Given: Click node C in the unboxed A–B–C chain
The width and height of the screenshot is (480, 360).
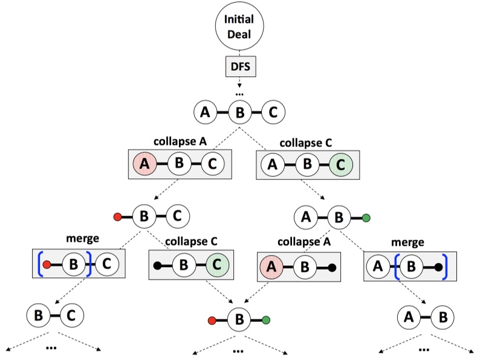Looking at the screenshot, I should click(x=273, y=112).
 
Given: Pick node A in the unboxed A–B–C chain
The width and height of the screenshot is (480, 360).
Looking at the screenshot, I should click(x=206, y=112).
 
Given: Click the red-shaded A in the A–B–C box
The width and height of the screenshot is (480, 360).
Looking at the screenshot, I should click(x=144, y=163).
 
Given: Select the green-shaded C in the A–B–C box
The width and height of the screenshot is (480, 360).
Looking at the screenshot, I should click(x=340, y=163).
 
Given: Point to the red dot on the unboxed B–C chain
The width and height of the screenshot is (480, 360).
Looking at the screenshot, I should click(x=117, y=216).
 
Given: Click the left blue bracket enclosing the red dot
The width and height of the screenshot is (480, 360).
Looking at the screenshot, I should click(x=41, y=265).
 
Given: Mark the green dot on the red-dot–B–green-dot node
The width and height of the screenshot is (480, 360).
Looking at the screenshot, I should click(x=266, y=320).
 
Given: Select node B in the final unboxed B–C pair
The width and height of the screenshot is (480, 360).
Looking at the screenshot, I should click(x=38, y=315).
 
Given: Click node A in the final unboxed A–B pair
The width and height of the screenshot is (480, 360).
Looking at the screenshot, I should click(x=409, y=315).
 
